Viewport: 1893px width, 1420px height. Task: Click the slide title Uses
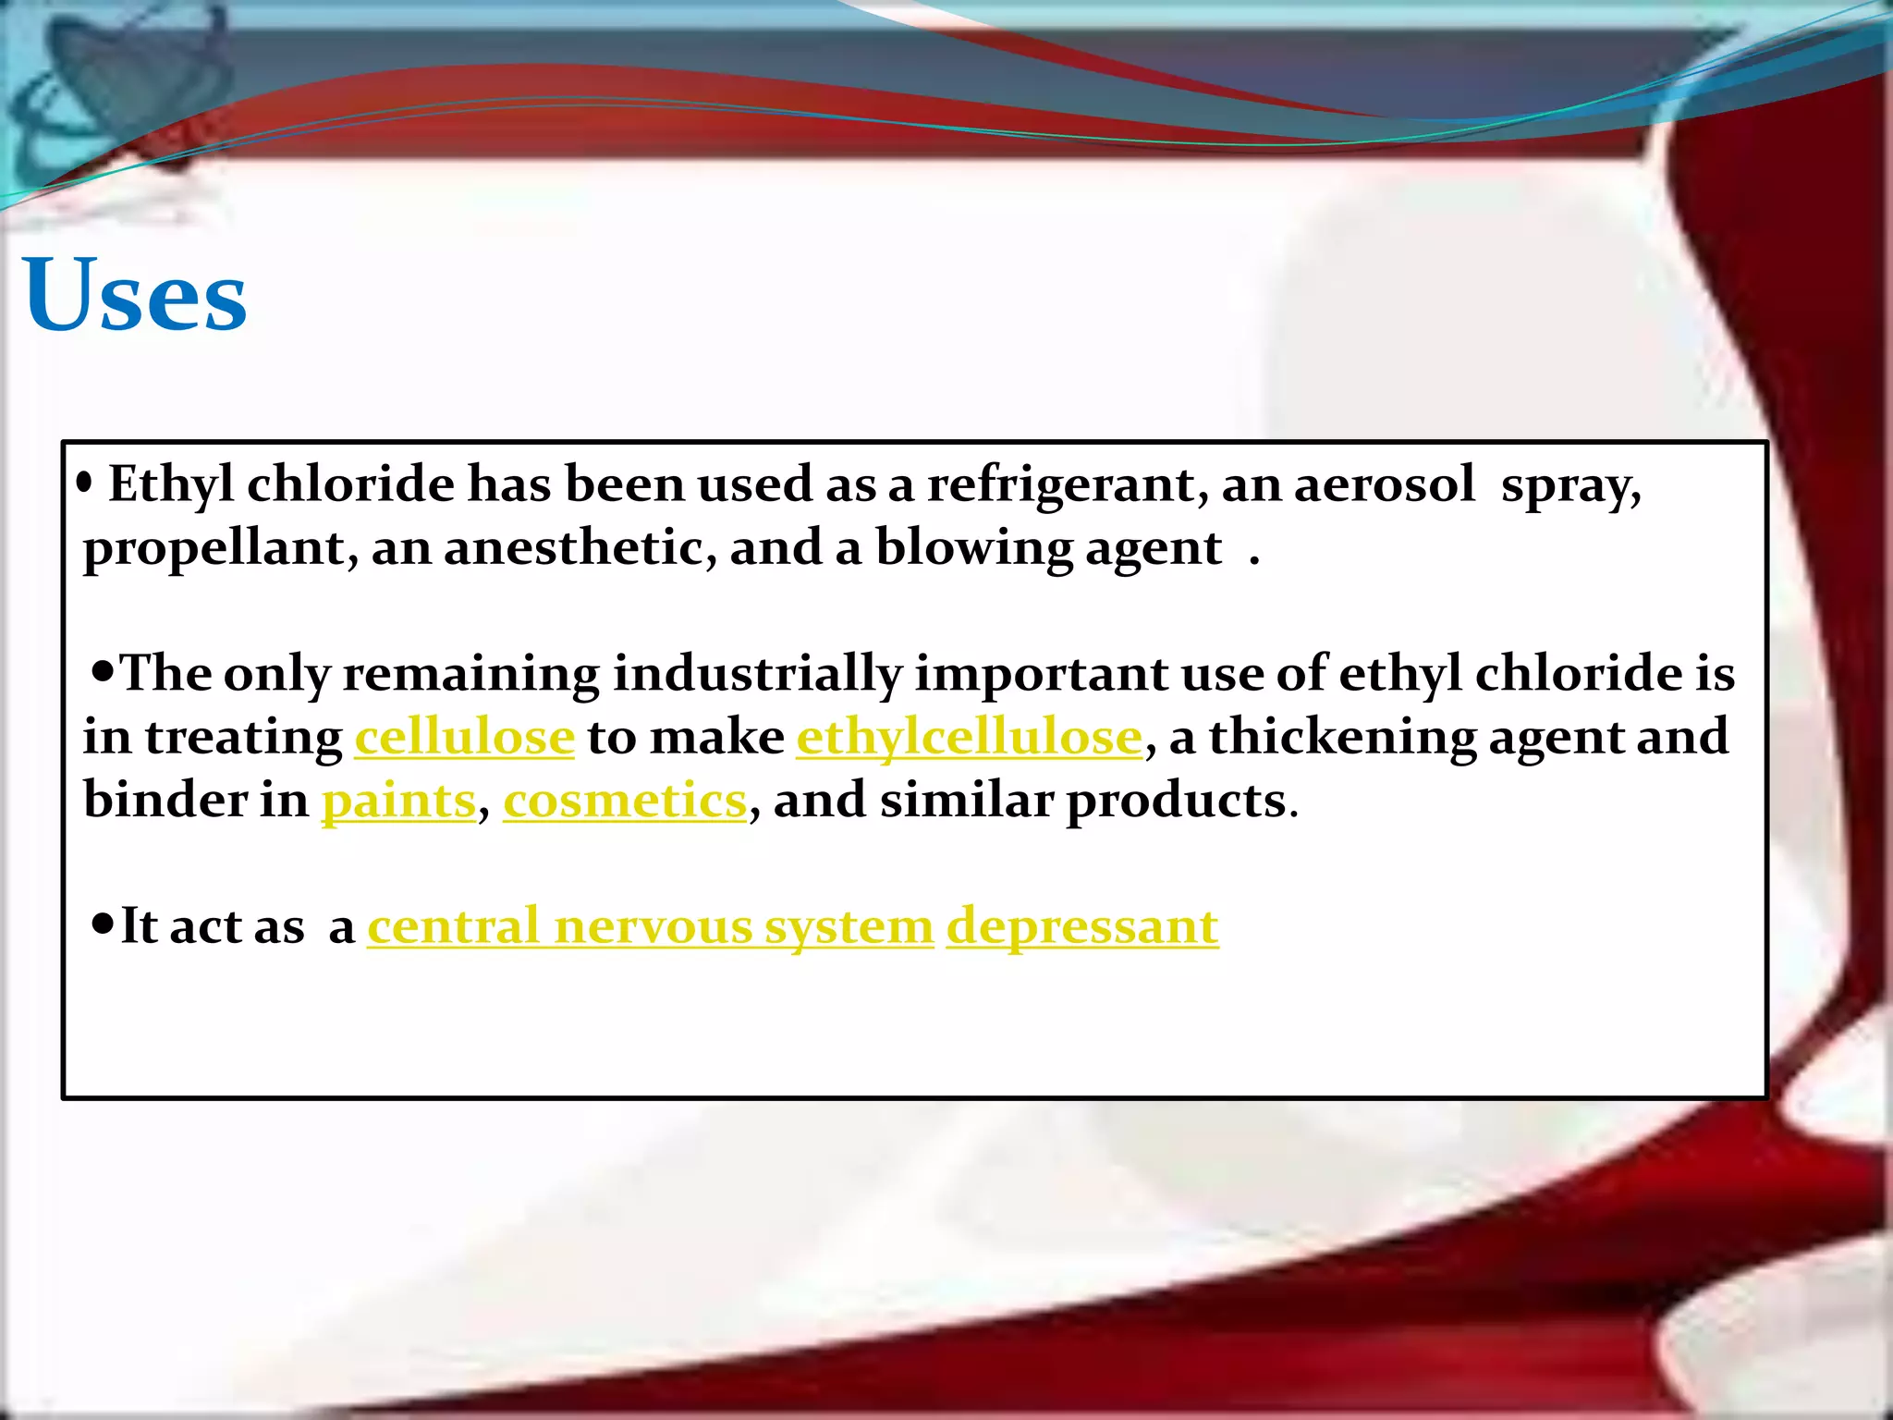[135, 294]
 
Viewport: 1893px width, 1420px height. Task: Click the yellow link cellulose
[464, 738]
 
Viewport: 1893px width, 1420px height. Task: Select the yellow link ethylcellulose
[969, 738]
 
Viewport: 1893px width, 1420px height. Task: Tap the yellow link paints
[398, 801]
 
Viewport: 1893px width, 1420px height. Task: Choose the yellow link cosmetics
[624, 801]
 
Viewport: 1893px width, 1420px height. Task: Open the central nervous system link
[650, 926]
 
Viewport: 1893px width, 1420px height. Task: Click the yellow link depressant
[1081, 926]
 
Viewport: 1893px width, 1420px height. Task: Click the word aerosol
[1384, 484]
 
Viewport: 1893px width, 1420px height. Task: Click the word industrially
[757, 674]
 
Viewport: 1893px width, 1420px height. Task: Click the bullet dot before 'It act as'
[103, 922]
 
